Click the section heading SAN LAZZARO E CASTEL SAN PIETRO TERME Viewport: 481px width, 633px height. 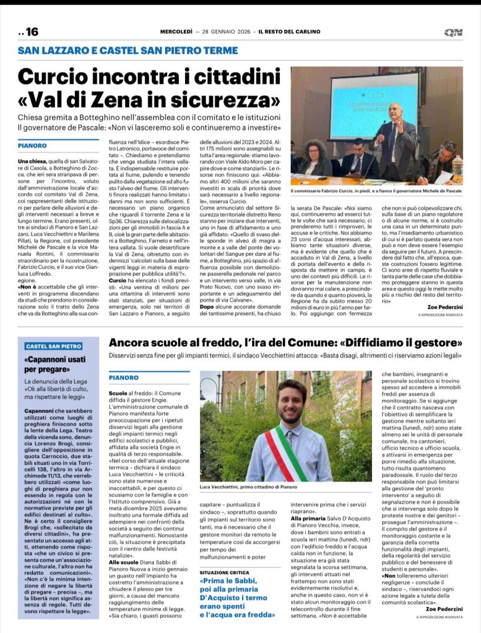click(x=128, y=50)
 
